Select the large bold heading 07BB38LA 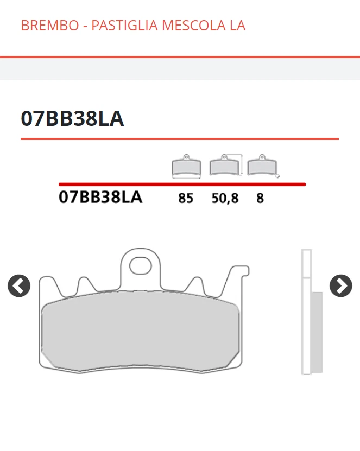pyautogui.click(x=72, y=118)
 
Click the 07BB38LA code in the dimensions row pyautogui.click(x=100, y=197)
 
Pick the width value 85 pyautogui.click(x=186, y=198)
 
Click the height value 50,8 pyautogui.click(x=225, y=198)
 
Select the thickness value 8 pyautogui.click(x=260, y=198)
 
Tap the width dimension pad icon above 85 pyautogui.click(x=186, y=167)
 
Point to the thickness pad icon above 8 pyautogui.click(x=262, y=166)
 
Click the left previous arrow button pyautogui.click(x=19, y=285)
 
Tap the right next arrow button pyautogui.click(x=341, y=285)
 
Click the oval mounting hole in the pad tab pyautogui.click(x=141, y=266)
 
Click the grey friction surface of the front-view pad pyautogui.click(x=141, y=334)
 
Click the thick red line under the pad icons pyautogui.click(x=182, y=185)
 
